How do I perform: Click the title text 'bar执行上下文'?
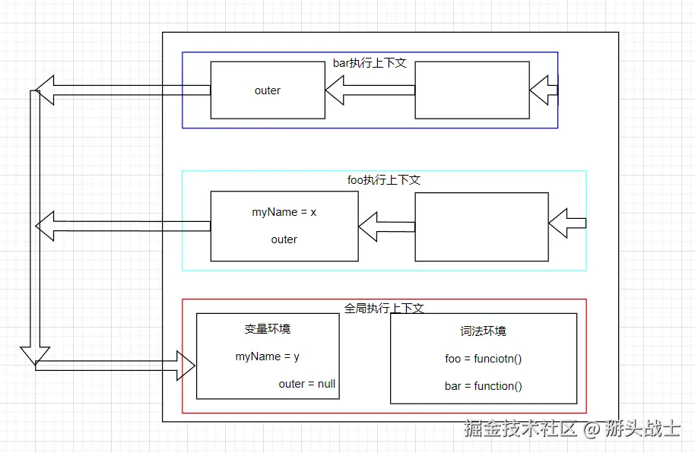point(370,63)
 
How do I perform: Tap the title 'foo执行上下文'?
point(384,180)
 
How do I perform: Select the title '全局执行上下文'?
point(384,308)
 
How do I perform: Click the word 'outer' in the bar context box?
point(267,90)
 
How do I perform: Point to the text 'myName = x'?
point(284,212)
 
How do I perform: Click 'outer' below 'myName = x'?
point(284,239)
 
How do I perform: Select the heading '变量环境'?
point(267,329)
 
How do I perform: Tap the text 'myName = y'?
point(267,356)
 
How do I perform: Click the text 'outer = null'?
point(306,384)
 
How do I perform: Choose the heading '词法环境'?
point(483,331)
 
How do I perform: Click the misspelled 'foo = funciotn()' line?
point(483,359)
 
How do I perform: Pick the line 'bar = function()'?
point(483,386)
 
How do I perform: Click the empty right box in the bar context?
point(472,90)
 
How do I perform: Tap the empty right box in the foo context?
point(482,227)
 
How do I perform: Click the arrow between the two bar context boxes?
point(370,90)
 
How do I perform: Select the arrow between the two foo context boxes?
point(386,226)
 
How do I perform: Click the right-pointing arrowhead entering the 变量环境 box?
point(186,366)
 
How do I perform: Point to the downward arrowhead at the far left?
point(35,356)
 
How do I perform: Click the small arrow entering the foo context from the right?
point(567,223)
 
